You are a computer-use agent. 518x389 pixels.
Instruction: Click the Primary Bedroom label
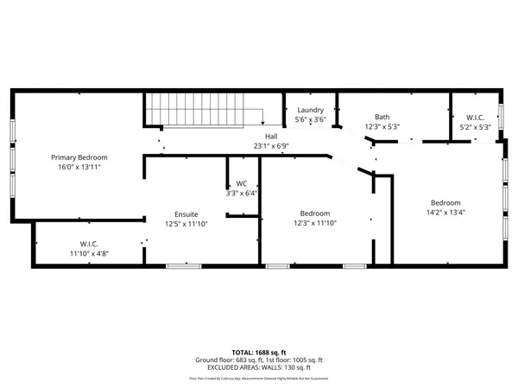[x=79, y=157]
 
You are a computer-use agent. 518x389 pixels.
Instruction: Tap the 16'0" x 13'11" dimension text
[x=79, y=167]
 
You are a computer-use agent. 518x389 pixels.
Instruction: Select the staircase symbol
[x=204, y=112]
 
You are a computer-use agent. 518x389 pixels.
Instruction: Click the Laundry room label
[x=310, y=111]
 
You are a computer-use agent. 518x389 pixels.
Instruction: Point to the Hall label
[x=271, y=137]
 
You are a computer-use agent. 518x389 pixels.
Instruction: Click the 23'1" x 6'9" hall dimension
[x=271, y=146]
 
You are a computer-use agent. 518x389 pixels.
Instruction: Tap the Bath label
[x=382, y=117]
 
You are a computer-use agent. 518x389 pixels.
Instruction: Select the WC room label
[x=243, y=184]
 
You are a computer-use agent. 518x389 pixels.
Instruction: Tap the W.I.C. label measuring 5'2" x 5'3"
[x=475, y=117]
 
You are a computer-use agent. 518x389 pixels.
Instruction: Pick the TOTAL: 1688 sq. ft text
[x=258, y=353]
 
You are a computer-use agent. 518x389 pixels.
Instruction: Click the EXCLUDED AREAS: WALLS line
[x=258, y=367]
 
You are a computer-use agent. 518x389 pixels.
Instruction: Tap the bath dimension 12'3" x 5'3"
[x=382, y=126]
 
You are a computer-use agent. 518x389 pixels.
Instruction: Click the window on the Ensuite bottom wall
[x=178, y=265]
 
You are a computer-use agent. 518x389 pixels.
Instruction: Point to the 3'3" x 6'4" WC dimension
[x=243, y=194]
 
